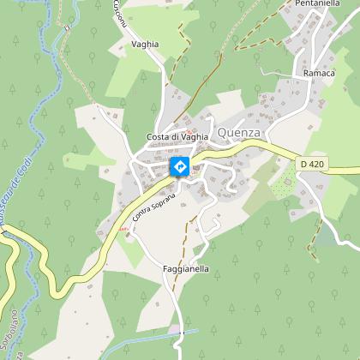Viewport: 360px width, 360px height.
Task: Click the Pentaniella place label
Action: (x=319, y=4)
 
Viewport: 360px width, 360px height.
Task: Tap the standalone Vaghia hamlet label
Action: (x=145, y=44)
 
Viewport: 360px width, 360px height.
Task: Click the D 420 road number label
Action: (x=315, y=163)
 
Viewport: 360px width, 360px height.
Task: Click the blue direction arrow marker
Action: (x=180, y=166)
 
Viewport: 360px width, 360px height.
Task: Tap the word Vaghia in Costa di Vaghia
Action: (x=195, y=138)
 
